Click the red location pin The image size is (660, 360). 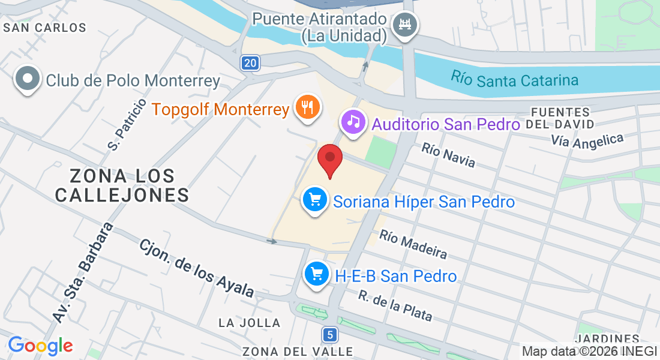tap(329, 159)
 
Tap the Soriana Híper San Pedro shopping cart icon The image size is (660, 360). tap(314, 199)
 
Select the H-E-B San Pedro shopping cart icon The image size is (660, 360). tap(316, 275)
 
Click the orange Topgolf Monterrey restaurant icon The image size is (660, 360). tap(308, 107)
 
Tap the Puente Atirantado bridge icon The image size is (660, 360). tap(404, 25)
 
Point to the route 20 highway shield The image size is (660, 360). tap(251, 62)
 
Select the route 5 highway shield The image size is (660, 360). tap(329, 334)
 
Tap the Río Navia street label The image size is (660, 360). tap(448, 155)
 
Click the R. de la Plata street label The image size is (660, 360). tap(395, 305)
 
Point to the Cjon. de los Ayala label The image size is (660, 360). tap(197, 267)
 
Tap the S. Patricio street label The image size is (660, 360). tap(127, 124)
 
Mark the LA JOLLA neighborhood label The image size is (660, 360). tap(250, 323)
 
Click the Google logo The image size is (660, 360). tap(40, 345)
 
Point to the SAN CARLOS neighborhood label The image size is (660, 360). tap(44, 28)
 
